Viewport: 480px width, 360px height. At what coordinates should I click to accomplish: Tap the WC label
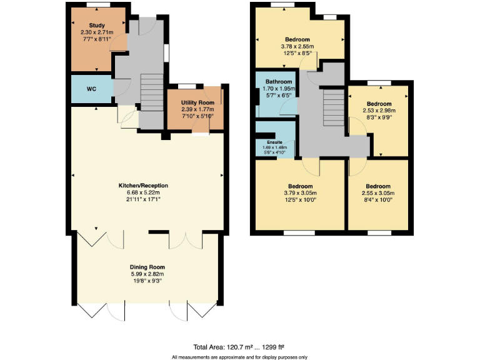(x=91, y=89)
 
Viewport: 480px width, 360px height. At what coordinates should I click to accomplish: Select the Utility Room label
(x=197, y=102)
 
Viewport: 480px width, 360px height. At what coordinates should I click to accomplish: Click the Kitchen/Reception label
(x=144, y=186)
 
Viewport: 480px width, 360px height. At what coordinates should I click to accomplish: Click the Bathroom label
(x=278, y=82)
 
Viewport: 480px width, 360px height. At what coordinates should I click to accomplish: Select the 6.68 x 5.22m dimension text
(x=144, y=192)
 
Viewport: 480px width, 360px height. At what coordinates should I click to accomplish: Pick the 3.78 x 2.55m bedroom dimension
(x=297, y=46)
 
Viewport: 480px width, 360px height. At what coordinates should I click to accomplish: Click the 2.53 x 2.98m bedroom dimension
(x=379, y=111)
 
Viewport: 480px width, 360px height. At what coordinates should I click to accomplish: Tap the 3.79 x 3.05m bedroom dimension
(x=300, y=193)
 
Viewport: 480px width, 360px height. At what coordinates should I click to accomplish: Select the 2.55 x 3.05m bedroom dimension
(x=378, y=193)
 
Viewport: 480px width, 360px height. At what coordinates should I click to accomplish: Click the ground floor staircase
(x=151, y=93)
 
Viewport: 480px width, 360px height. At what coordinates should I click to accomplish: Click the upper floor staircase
(x=334, y=107)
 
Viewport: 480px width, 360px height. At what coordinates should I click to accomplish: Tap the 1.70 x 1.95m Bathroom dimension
(x=278, y=89)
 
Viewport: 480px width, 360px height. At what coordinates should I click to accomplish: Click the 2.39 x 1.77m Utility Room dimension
(x=197, y=109)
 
